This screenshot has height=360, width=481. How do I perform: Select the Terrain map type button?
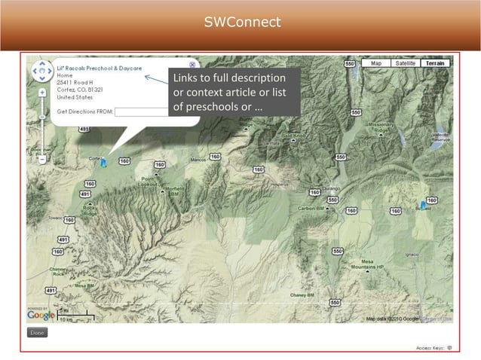pyautogui.click(x=435, y=64)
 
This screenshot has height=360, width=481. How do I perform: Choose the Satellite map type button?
pyautogui.click(x=405, y=64)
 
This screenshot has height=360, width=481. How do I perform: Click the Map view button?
pyautogui.click(x=375, y=64)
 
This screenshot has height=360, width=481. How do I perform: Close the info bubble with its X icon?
pyautogui.click(x=192, y=66)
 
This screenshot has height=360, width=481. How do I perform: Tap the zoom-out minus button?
pyautogui.click(x=42, y=159)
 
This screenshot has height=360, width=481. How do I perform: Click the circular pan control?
pyautogui.click(x=40, y=72)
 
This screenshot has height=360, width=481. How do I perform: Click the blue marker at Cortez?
pyautogui.click(x=103, y=161)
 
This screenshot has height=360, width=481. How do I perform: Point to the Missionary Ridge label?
pyautogui.click(x=378, y=126)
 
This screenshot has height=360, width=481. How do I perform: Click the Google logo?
pyautogui.click(x=40, y=314)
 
